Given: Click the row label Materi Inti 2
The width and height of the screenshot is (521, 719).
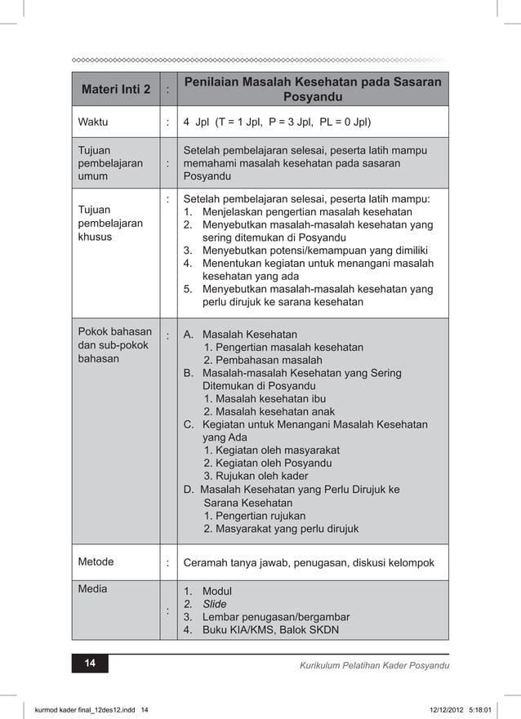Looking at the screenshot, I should coord(116,89).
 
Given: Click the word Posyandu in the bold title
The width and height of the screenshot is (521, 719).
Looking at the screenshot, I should coord(312,97).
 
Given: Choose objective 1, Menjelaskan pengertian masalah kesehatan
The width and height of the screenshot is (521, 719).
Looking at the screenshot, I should coord(306,212).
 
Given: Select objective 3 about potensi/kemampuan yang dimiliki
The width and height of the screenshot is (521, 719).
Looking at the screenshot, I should coord(314,251).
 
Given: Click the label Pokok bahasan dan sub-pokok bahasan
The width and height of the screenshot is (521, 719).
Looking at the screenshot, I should coord(114,345).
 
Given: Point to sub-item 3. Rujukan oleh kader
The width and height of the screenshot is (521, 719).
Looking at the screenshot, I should coord(256,476).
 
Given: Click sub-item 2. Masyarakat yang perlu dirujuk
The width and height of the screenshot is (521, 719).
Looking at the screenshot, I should coord(281,529).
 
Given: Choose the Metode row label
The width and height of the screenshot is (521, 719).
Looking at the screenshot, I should coord(96,561).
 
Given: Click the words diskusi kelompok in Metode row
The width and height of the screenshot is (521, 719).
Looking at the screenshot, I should coord(395,562).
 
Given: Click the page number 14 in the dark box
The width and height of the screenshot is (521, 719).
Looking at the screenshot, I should coord(90,664).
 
